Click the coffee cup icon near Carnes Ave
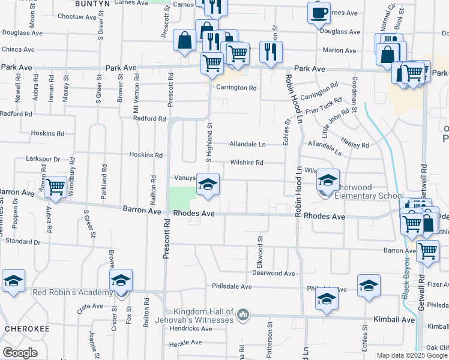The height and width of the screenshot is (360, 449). tap(319, 12)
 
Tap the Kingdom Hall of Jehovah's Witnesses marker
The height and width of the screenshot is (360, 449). tap(243, 314)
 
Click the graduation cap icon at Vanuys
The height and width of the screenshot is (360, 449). tap(208, 184)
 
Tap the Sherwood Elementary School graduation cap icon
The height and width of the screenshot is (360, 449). tap(328, 179)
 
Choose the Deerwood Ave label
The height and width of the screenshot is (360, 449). tap(274, 273)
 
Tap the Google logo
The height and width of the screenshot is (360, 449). tap(20, 352)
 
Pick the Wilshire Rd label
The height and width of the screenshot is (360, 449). tap(247, 163)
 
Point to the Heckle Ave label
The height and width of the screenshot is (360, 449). tap(185, 343)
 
